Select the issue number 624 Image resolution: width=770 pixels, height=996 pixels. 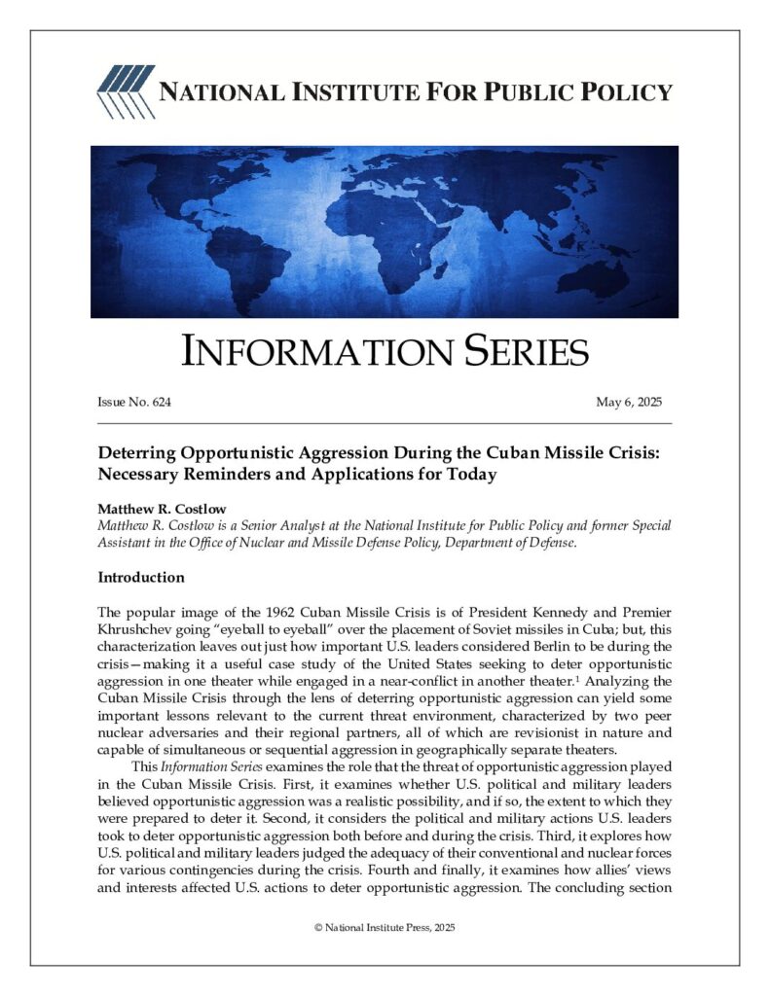point(163,403)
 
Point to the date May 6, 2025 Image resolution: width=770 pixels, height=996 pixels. point(628,403)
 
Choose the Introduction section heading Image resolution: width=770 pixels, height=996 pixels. point(140,578)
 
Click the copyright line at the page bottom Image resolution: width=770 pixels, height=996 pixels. point(385,927)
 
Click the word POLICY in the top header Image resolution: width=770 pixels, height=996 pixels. point(623,92)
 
